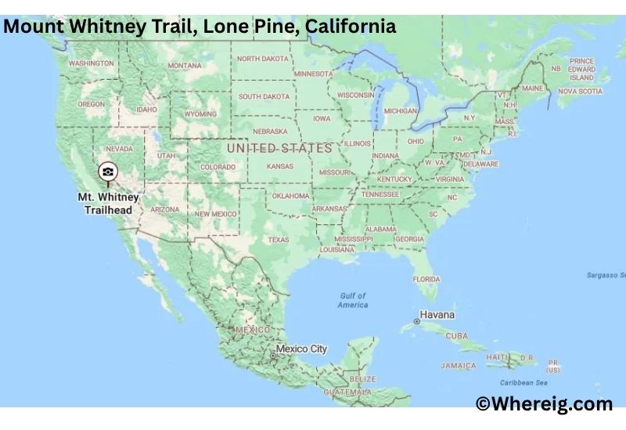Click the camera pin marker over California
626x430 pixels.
[108, 171]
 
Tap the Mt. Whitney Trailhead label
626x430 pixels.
[109, 203]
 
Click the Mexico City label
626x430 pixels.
[301, 349]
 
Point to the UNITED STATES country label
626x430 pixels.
[279, 148]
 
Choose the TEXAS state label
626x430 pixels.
[278, 240]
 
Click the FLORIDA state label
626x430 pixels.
[426, 279]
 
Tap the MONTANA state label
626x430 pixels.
[185, 66]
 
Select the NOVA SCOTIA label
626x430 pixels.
[580, 91]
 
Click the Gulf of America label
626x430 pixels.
[353, 300]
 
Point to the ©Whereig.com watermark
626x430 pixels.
[545, 403]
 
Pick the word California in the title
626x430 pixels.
[351, 27]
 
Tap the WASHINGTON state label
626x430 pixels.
[91, 63]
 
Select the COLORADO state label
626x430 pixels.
[218, 167]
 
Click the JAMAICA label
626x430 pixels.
[458, 365]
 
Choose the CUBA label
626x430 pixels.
[456, 336]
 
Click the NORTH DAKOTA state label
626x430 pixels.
[263, 59]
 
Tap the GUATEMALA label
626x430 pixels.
[349, 391]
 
